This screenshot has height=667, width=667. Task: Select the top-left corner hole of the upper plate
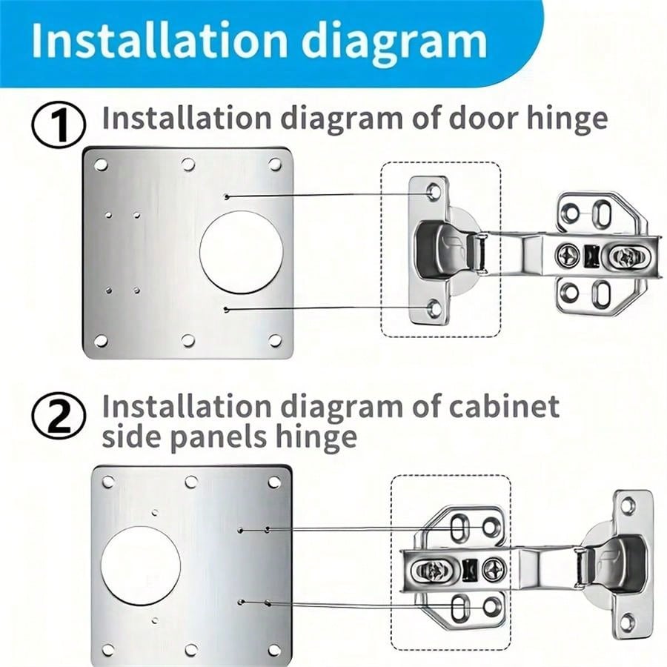coord(101,165)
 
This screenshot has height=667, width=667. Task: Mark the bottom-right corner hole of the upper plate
coord(275,340)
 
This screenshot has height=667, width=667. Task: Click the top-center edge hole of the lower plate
coord(191,482)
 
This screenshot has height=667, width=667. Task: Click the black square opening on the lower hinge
coord(468,570)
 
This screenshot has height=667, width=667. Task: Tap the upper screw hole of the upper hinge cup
coord(433,192)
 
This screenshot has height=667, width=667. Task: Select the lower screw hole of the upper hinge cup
coord(433,308)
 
